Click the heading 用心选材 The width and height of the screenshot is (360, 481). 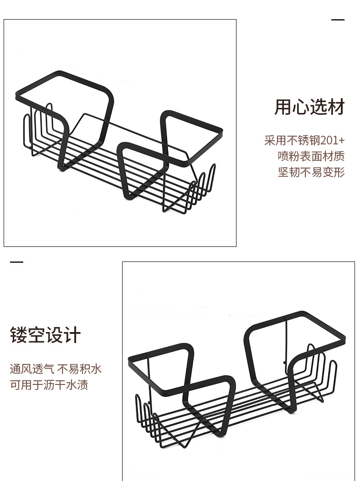[309, 107]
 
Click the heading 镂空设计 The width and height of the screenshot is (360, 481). [45, 336]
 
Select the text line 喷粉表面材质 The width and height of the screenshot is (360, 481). [311, 156]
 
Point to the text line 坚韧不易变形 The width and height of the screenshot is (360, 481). [311, 172]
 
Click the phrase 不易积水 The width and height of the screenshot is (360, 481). [79, 368]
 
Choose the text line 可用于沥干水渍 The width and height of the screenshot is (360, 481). [49, 384]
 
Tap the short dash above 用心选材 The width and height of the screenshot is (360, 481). [338, 20]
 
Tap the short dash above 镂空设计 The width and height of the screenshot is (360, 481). [16, 263]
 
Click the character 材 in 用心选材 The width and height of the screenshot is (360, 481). [336, 107]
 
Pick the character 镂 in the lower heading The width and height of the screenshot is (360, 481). [18, 336]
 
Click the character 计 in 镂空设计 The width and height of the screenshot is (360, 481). [72, 336]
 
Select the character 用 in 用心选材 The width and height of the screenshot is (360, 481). [283, 107]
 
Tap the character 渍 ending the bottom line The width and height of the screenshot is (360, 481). [82, 384]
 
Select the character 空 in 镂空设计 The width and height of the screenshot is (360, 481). [36, 336]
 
